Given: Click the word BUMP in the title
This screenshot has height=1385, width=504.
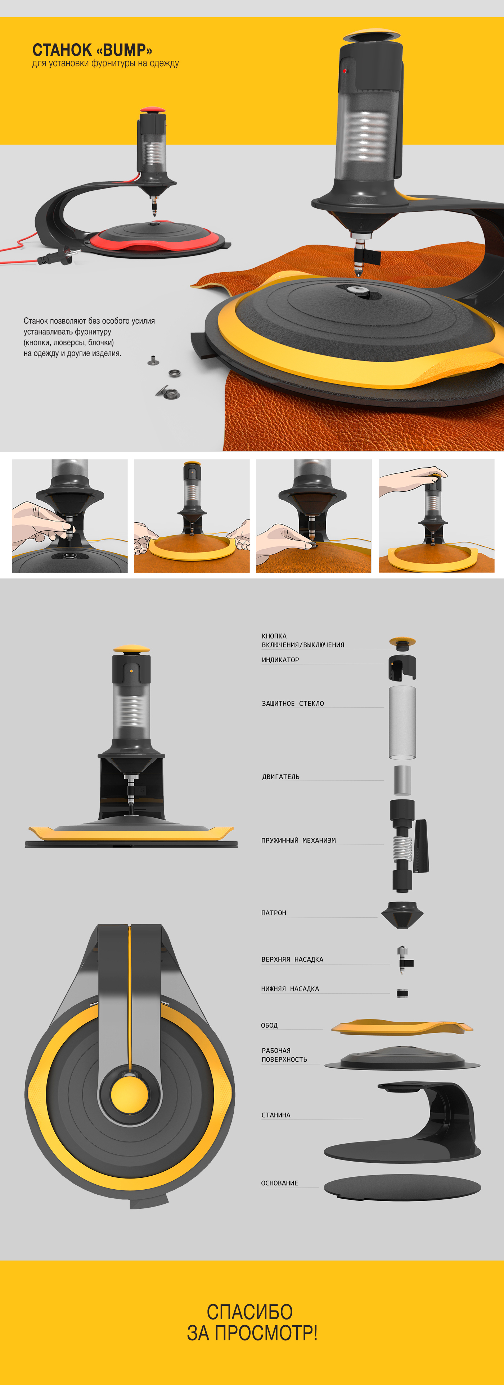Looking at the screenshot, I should coord(124,50).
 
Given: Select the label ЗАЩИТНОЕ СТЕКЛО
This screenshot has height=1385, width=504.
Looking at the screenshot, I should coord(293,703).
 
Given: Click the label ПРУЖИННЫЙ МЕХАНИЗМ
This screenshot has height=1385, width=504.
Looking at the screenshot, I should coord(298,840).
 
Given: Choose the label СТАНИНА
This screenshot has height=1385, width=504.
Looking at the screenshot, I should coord(275,1115).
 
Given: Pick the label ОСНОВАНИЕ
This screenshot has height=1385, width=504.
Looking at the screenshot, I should coord(279,1183).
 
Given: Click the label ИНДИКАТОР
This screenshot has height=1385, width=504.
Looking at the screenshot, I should coord(280,660).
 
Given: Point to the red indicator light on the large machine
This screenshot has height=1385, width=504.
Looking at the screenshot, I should coord(345,71).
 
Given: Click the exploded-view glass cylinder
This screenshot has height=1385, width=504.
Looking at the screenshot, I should coord(402,722).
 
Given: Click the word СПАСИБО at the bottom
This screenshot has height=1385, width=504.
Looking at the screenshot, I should coord(249,1312).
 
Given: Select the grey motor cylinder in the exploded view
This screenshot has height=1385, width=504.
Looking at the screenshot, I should coord(402,780).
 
